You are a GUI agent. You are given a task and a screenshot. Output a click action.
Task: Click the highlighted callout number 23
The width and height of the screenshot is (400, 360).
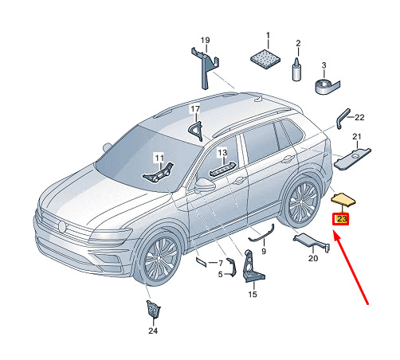[x=341, y=219]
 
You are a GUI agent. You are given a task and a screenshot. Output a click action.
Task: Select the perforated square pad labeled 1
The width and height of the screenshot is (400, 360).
[x=265, y=59]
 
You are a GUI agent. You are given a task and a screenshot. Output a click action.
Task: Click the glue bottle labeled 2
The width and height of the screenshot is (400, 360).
[x=296, y=68]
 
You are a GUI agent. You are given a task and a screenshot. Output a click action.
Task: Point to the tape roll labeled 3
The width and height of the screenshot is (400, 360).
[x=327, y=86]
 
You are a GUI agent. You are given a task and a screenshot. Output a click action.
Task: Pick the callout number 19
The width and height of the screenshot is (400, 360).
[x=205, y=41]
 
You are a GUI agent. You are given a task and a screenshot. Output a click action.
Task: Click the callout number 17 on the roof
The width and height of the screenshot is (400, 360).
[x=195, y=109]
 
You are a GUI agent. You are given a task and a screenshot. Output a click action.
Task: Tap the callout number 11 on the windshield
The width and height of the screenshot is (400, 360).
[x=159, y=158]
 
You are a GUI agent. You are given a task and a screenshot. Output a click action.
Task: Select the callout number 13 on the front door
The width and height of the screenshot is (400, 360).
[x=222, y=153]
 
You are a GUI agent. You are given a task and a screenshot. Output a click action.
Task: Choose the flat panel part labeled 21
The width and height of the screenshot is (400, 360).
[x=352, y=158]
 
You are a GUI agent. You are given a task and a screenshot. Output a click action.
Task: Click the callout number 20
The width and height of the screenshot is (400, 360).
[x=313, y=258]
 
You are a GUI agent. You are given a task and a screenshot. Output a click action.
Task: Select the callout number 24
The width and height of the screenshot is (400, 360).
[x=153, y=331]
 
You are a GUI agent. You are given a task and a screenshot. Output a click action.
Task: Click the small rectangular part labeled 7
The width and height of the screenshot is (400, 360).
[x=201, y=262]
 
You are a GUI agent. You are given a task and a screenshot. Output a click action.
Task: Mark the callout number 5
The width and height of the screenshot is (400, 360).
[x=220, y=274]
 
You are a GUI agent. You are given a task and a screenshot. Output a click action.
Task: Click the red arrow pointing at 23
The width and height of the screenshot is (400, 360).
[x=351, y=268]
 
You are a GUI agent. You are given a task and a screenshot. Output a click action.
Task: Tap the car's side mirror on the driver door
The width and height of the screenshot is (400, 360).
[x=205, y=185]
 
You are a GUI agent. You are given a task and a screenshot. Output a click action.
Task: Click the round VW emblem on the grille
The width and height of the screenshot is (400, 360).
[x=62, y=226]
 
